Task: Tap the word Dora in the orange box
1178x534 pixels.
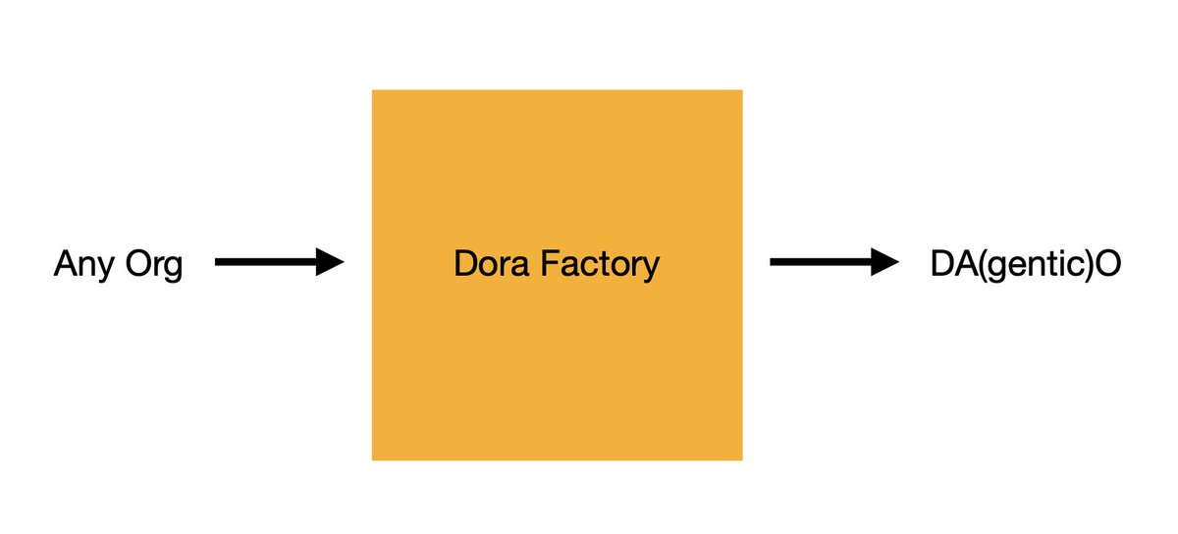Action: [491, 264]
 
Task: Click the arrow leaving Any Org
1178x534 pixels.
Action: [279, 262]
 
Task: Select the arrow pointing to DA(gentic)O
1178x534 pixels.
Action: [834, 262]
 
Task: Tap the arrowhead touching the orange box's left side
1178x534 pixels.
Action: [330, 262]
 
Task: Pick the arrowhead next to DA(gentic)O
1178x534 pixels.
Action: [885, 262]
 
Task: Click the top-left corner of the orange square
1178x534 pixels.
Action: [372, 90]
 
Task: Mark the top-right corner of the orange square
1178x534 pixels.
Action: [742, 90]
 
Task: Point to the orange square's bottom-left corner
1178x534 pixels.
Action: [372, 460]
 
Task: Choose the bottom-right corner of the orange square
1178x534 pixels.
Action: [742, 460]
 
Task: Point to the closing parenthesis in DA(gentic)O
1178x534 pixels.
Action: [1089, 265]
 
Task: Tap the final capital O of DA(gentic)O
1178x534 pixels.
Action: [1107, 263]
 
